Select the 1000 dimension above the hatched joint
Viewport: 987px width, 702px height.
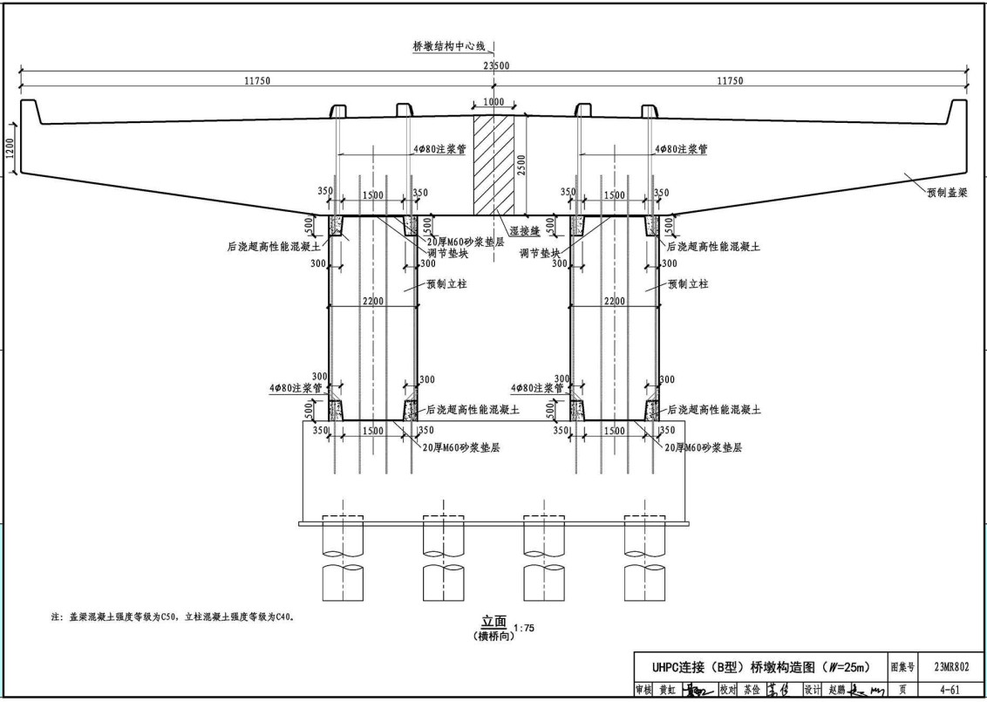tap(493, 102)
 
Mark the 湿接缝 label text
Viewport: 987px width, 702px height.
tap(521, 231)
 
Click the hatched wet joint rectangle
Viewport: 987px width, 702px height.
tap(493, 166)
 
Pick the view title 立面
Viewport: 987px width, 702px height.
tap(493, 622)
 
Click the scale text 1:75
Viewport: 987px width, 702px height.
tap(525, 627)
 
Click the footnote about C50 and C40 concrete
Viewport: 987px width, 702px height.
tap(174, 617)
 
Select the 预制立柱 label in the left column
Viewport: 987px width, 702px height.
tap(446, 283)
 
